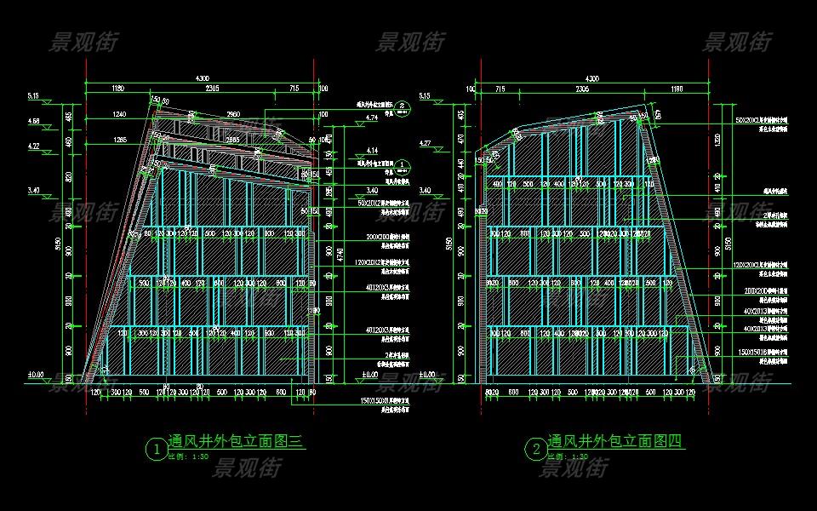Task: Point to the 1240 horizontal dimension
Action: pos(118,114)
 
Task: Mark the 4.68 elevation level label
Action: pos(34,121)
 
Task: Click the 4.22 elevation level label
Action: pos(34,146)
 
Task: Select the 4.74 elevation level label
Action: pos(372,118)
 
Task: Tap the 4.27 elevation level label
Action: pos(450,142)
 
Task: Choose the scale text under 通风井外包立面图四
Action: pos(567,456)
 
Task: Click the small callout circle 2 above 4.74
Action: pos(404,106)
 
